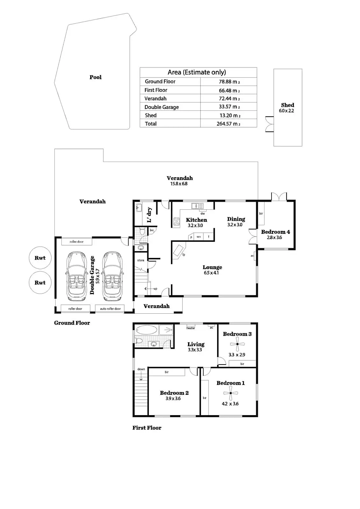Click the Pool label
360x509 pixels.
pyautogui.click(x=95, y=77)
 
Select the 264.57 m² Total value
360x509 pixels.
pyautogui.click(x=228, y=124)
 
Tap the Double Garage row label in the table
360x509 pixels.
pyautogui.click(x=161, y=107)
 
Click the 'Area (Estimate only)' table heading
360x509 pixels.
pyautogui.click(x=197, y=72)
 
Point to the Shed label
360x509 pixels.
pyautogui.click(x=287, y=105)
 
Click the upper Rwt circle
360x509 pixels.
pyautogui.click(x=40, y=258)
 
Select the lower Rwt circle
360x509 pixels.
pyautogui.click(x=40, y=282)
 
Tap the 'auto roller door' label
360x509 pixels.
pyautogui.click(x=110, y=309)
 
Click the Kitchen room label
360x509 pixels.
pyautogui.click(x=196, y=220)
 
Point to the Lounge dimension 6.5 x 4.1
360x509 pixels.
pyautogui.click(x=211, y=273)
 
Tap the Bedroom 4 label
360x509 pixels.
pyautogui.click(x=275, y=232)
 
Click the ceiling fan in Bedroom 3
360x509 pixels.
pyautogui.click(x=237, y=344)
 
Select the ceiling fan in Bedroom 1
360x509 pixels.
pyautogui.click(x=230, y=393)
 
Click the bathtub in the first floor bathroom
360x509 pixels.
pyautogui.click(x=146, y=330)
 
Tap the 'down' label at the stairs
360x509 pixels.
pyautogui.click(x=141, y=369)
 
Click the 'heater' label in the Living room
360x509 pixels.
pyautogui.click(x=191, y=328)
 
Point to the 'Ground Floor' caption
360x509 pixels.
pyautogui.click(x=72, y=323)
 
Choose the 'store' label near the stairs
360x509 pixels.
pyautogui.click(x=141, y=260)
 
